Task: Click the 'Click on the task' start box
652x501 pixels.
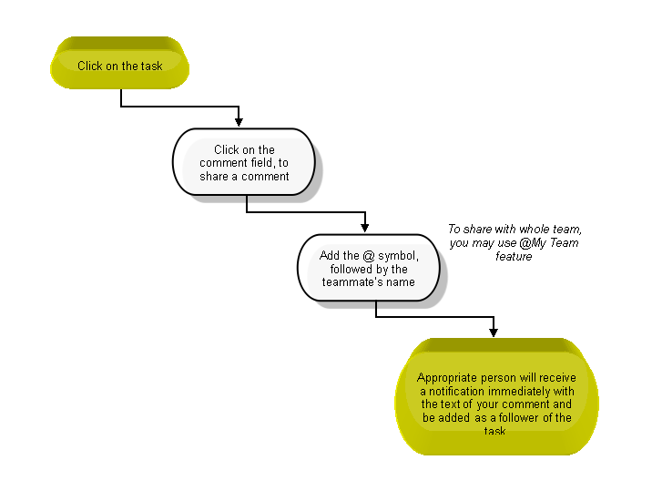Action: pos(120,63)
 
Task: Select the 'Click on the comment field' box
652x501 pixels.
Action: pos(244,162)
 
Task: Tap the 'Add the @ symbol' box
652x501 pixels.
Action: pos(369,268)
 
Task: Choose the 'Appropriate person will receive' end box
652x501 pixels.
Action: pos(496,396)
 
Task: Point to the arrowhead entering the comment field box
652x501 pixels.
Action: pos(239,122)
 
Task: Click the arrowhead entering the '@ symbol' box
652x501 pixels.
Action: pos(364,228)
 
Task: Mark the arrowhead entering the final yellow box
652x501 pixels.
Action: pos(494,332)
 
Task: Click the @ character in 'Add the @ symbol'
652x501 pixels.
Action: pos(369,255)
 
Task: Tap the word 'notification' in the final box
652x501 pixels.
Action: pos(456,391)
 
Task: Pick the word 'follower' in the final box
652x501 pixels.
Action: pos(518,417)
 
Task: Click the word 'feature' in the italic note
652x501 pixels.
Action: pos(514,256)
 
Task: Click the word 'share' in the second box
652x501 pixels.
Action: pos(214,176)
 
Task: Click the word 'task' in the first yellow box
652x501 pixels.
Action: pos(151,66)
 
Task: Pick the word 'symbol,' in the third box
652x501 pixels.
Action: pos(398,256)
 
